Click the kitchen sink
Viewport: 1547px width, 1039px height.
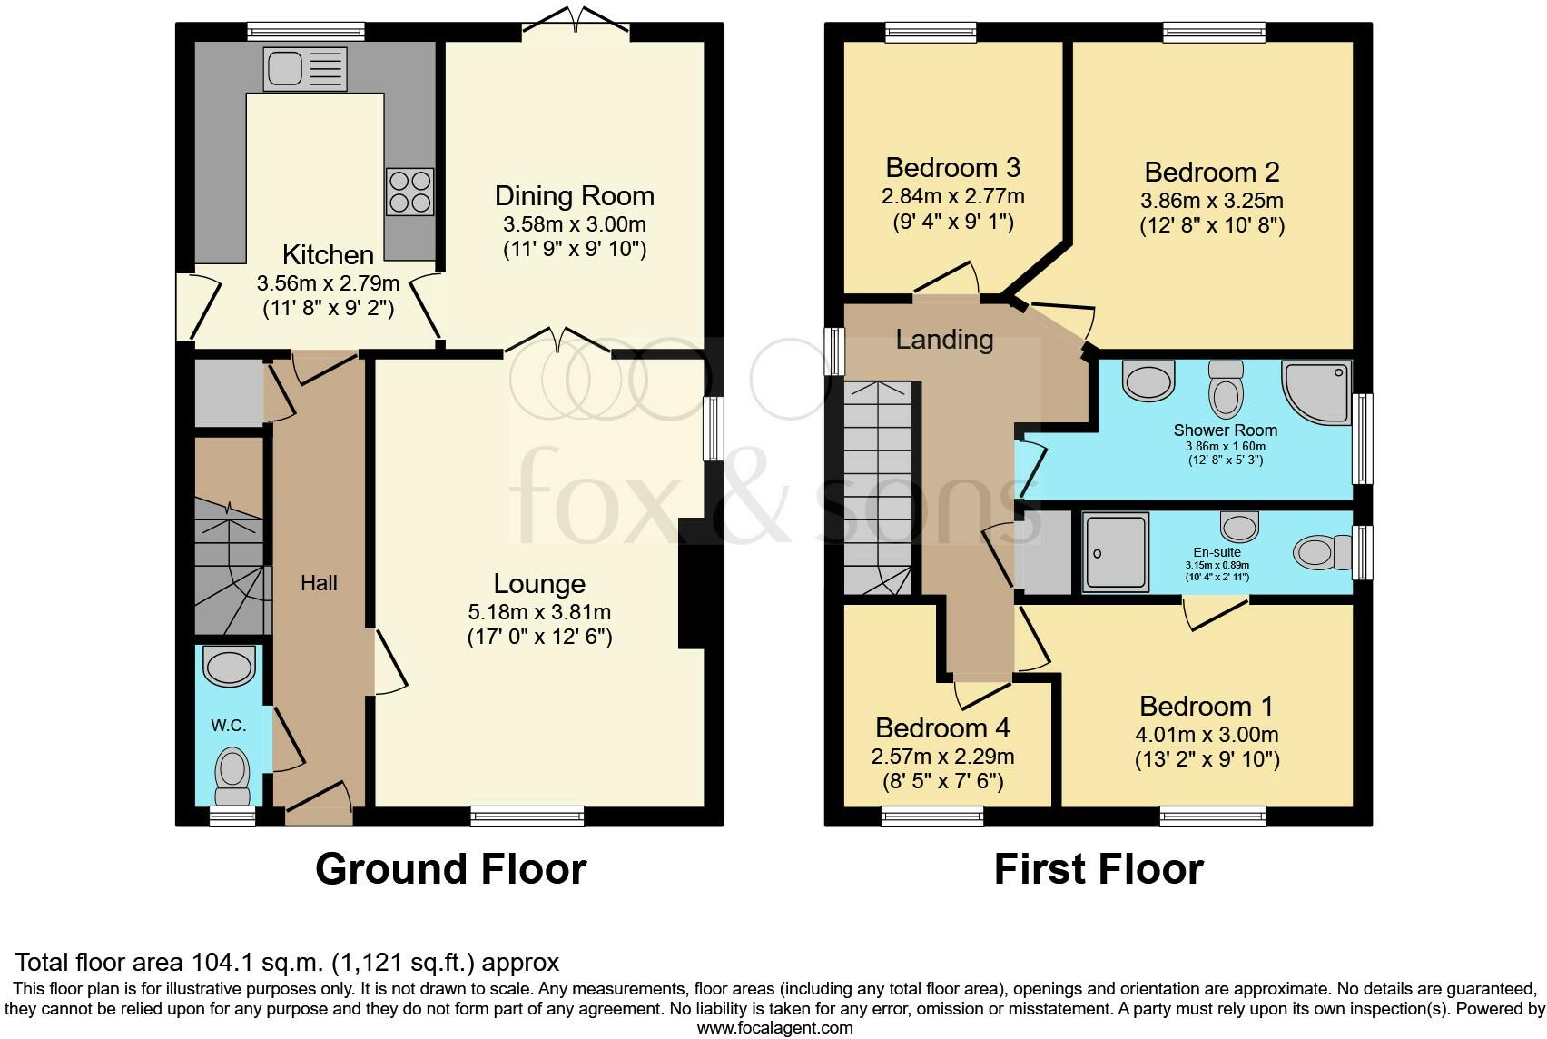[x=304, y=69]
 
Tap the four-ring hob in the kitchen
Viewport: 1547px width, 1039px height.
[x=410, y=191]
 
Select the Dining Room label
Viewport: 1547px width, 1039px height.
[x=575, y=196]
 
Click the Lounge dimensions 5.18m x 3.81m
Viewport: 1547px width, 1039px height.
[x=539, y=612]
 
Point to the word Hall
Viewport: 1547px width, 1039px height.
[x=319, y=583]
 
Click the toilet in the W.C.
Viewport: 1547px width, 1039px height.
[x=232, y=775]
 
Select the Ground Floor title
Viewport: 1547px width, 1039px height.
[x=451, y=868]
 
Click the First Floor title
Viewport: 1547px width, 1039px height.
[x=1099, y=868]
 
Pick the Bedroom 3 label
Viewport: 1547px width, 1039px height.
[x=953, y=168]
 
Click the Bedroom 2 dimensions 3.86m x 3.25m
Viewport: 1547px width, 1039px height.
[x=1212, y=201]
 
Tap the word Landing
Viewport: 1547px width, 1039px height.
[x=944, y=339]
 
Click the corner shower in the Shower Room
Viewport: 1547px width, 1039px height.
[x=1316, y=392]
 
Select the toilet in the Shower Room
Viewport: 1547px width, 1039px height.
[x=1226, y=388]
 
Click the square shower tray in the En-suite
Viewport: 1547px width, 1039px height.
[x=1116, y=552]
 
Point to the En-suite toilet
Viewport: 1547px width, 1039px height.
[x=1322, y=553]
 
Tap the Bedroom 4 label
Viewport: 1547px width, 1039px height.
[x=942, y=728]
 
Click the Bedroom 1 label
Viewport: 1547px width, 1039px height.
[x=1206, y=706]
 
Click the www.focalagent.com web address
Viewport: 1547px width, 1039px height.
[x=775, y=1028]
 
